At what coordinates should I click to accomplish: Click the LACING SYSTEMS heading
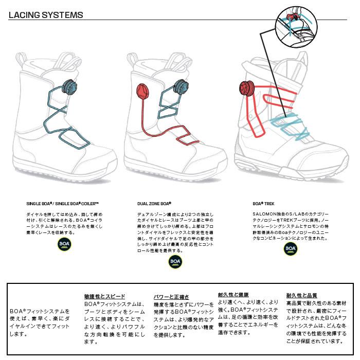(46, 15)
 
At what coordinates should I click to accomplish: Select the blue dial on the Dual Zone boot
(181, 86)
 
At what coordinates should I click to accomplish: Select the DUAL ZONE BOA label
(154, 203)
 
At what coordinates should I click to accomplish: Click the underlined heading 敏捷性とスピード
(104, 297)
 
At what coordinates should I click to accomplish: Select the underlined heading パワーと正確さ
(171, 297)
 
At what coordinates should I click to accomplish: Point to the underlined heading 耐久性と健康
(234, 295)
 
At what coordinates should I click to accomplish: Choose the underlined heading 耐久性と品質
(301, 295)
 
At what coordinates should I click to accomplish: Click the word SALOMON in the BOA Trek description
(263, 213)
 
